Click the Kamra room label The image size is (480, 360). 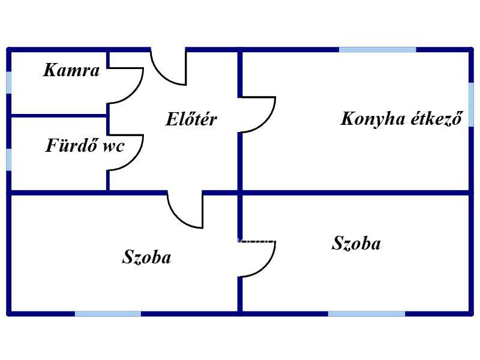pos(71,70)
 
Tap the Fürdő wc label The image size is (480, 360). pos(85,145)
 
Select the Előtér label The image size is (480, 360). pos(191,119)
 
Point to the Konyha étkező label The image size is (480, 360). pos(401,118)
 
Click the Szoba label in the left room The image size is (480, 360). pos(146,257)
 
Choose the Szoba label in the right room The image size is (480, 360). pos(356,244)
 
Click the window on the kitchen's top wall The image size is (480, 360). pos(377,50)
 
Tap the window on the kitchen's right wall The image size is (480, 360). pos(471,104)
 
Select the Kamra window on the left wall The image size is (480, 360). pos(9,82)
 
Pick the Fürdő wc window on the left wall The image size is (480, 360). pos(9,160)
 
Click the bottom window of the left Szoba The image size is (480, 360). pos(108,314)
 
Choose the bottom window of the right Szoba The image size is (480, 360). pos(367,314)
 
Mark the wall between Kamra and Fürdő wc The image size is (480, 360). pos(59,116)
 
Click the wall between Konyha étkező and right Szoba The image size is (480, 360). pos(355,193)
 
